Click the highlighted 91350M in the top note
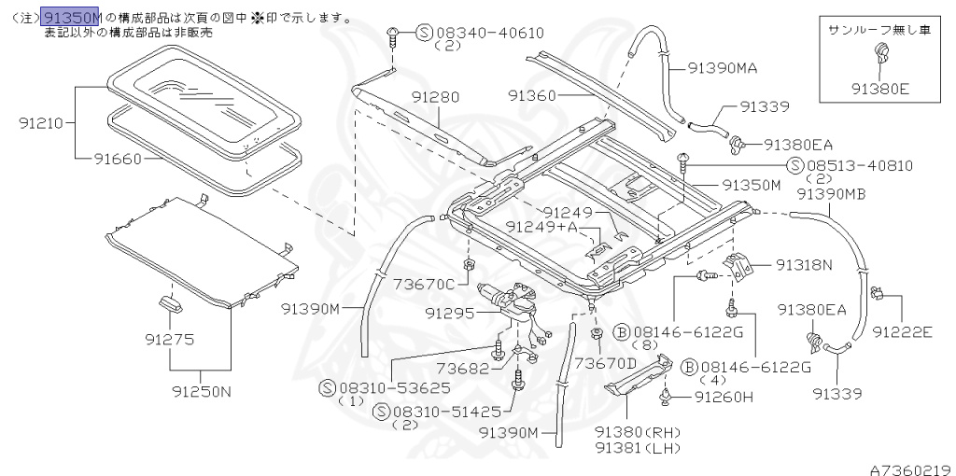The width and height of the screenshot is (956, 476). click(x=71, y=18)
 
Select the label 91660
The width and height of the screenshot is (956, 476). click(x=118, y=159)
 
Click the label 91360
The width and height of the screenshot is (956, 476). click(x=532, y=95)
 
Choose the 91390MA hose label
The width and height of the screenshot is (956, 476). click(x=723, y=67)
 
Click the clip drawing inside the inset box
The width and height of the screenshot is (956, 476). click(x=879, y=59)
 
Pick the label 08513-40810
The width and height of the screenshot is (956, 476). click(x=860, y=165)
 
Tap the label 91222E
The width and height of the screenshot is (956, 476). click(x=903, y=331)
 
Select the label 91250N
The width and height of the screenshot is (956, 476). click(x=201, y=391)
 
